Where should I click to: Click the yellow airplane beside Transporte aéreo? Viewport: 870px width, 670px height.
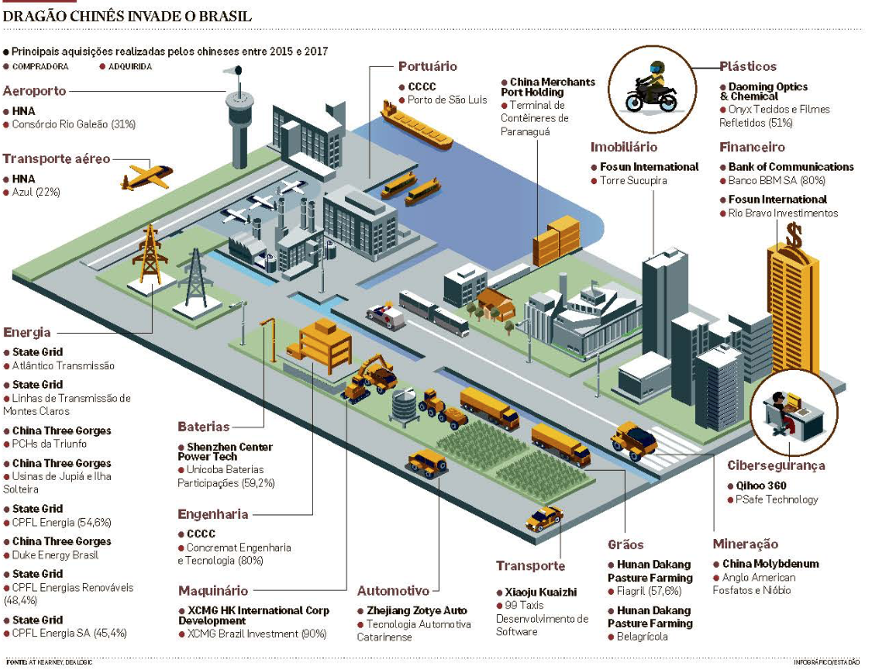tap(146, 175)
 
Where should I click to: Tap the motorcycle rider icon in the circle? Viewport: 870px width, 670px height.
tap(651, 85)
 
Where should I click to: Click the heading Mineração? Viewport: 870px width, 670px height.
tap(745, 544)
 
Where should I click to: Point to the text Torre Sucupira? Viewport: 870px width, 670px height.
tap(633, 181)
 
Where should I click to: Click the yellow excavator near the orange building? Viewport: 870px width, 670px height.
tap(369, 377)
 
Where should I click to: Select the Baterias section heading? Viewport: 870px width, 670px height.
tap(203, 427)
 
